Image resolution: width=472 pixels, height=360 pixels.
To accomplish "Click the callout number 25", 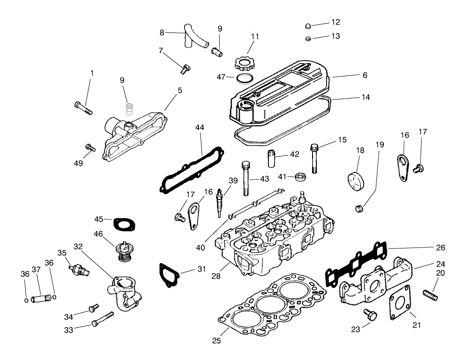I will click(x=217, y=341).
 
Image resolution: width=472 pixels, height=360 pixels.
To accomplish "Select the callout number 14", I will click(x=365, y=97).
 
